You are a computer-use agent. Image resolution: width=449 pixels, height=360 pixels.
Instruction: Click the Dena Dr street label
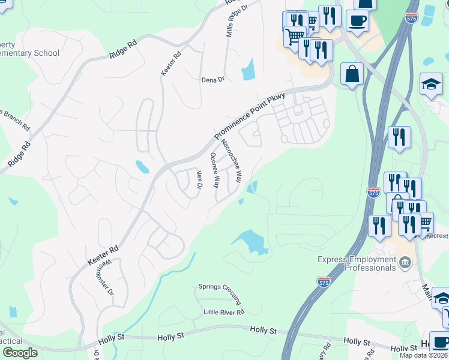point(212,79)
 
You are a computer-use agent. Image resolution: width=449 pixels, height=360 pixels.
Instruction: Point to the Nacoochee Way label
point(231,161)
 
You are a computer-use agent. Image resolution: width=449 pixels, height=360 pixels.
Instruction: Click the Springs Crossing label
point(220,293)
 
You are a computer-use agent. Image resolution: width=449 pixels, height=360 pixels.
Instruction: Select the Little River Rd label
point(224,312)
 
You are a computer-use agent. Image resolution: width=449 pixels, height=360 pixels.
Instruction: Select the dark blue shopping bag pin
point(352,74)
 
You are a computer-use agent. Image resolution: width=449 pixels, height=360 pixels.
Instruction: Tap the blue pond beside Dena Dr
point(248,70)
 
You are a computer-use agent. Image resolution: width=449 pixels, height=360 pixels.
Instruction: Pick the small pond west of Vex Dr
point(143,167)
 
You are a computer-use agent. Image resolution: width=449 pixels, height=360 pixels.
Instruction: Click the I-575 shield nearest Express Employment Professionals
point(324,281)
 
